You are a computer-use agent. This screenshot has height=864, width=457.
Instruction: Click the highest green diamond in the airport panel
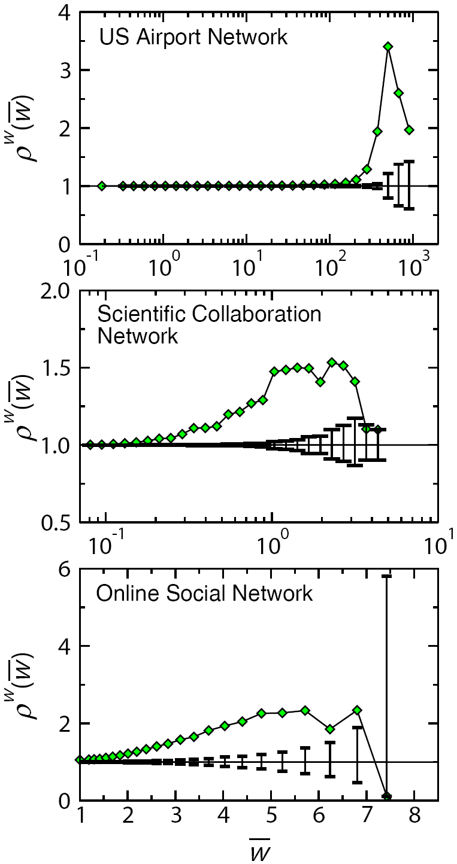[388, 46]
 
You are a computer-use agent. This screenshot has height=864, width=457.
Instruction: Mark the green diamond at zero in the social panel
[387, 796]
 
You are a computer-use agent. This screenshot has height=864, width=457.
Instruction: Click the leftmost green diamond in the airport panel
[102, 186]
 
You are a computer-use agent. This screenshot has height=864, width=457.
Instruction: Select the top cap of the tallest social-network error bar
[387, 576]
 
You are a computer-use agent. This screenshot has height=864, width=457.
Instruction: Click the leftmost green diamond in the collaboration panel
[90, 445]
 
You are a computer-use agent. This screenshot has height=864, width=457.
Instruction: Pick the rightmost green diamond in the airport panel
[410, 129]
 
